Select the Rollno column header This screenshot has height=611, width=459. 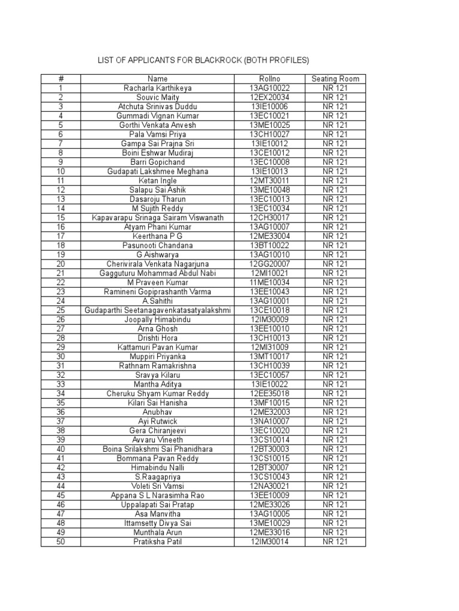tap(270, 79)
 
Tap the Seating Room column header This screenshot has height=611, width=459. tap(335, 79)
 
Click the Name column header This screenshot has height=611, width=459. tap(158, 79)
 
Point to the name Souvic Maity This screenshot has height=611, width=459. tap(158, 97)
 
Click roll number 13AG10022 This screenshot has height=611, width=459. tap(270, 88)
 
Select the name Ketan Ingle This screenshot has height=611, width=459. tap(158, 181)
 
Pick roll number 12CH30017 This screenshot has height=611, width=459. tap(270, 218)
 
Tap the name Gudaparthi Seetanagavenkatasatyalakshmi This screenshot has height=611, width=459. tap(158, 310)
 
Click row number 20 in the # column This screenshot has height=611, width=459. tap(60, 264)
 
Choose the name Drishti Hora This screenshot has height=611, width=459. tap(158, 338)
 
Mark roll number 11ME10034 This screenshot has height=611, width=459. tap(270, 282)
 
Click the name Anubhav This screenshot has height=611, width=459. tap(158, 412)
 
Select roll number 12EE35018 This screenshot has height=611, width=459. tap(270, 393)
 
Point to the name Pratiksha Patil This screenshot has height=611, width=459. tap(158, 542)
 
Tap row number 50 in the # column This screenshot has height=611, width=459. tap(60, 542)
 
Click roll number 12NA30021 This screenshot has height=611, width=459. tap(270, 486)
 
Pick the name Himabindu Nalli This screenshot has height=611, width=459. tap(158, 467)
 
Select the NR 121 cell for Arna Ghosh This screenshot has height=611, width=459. tap(335, 329)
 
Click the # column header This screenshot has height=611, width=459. tap(60, 79)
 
